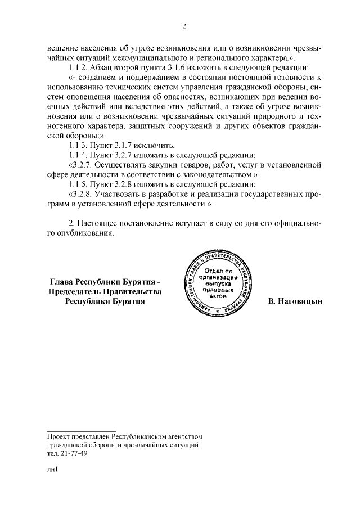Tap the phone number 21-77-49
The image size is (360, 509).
coord(73,454)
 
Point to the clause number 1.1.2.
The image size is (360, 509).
coord(78,67)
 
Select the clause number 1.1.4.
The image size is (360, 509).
coord(78,155)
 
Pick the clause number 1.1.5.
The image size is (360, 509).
coord(78,184)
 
